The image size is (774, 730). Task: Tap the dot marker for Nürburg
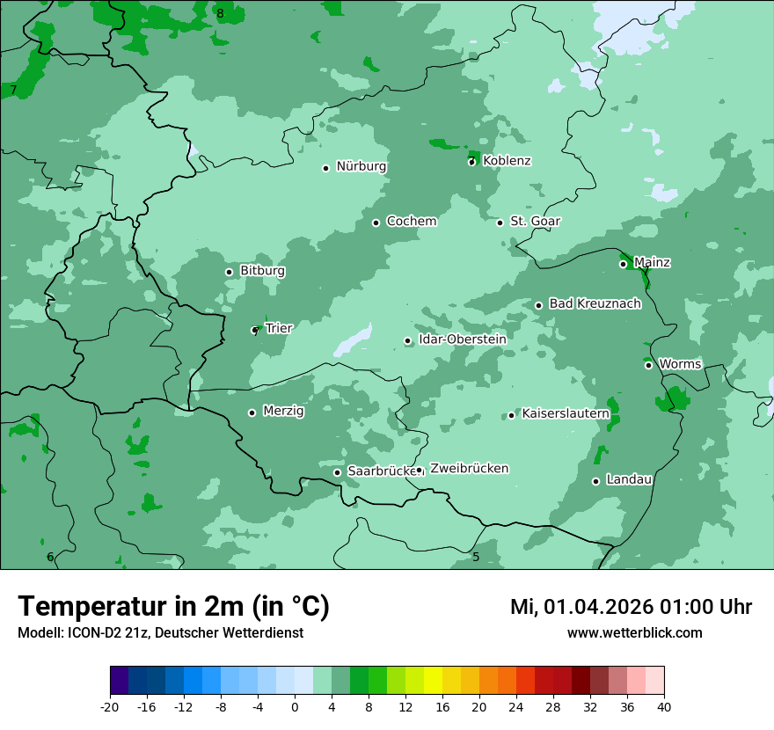(325, 168)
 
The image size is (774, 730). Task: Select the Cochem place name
(411, 222)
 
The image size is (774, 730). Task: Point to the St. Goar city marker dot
(500, 223)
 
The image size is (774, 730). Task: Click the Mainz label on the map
(652, 263)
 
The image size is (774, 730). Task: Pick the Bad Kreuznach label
(595, 304)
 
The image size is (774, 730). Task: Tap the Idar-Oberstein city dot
(407, 341)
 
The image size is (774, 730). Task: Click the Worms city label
(680, 364)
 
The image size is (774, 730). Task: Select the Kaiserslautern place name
(566, 413)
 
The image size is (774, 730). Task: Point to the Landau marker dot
(595, 481)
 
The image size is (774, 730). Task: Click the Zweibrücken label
(469, 469)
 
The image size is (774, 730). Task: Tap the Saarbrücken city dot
(337, 472)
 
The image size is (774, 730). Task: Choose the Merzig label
(283, 412)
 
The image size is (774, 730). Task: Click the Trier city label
(279, 329)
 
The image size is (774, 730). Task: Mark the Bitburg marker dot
(229, 272)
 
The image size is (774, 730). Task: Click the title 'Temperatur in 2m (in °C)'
(173, 607)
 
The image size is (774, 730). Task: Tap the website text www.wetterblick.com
(634, 633)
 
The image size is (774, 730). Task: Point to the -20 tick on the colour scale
(110, 706)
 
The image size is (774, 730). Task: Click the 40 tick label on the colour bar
(664, 706)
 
